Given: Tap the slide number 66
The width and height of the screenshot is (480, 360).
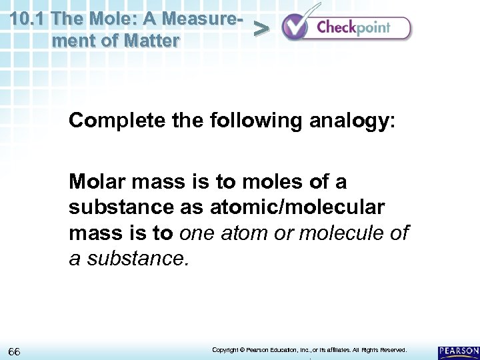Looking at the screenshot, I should click(x=15, y=351).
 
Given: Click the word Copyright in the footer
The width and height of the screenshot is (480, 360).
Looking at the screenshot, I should click(x=225, y=350).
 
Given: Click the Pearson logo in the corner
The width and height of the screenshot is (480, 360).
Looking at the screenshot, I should click(x=458, y=351).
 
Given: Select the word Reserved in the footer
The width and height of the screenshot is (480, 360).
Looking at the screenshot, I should click(x=391, y=350).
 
